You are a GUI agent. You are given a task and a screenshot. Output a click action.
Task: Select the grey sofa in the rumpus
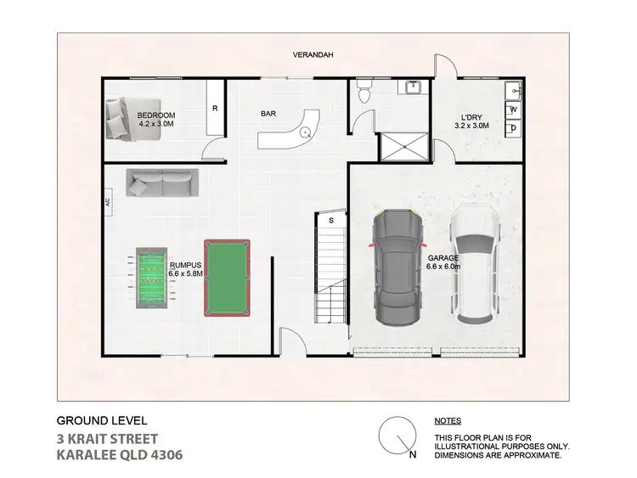[x=162, y=181]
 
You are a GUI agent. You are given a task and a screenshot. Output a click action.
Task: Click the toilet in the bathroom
[x=364, y=93]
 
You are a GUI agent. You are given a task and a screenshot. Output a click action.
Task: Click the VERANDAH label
[x=313, y=55]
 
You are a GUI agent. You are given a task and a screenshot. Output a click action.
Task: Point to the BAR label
[x=269, y=112]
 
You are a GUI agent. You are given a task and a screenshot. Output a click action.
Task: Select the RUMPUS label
[x=184, y=266]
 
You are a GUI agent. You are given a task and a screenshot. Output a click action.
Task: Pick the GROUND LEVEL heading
[x=101, y=420]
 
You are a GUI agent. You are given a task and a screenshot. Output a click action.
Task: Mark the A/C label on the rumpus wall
[x=109, y=203]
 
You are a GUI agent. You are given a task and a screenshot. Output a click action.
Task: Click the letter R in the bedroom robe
[x=215, y=109]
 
